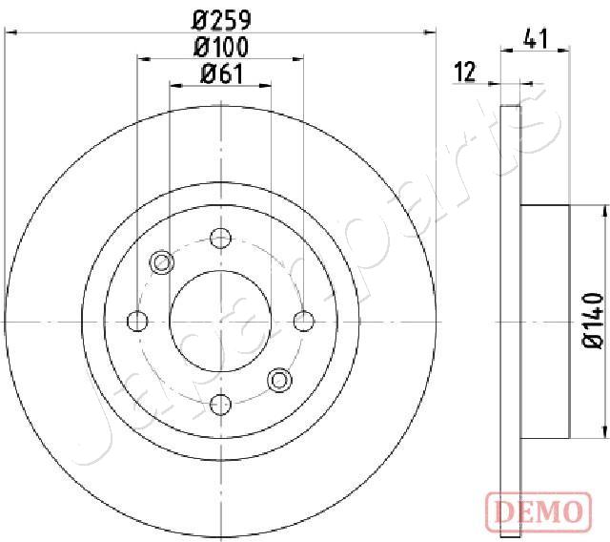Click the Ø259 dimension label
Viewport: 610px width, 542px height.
pyautogui.click(x=221, y=21)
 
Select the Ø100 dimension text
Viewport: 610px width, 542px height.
pyautogui.click(x=220, y=47)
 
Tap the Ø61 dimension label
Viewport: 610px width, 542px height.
pyautogui.click(x=221, y=73)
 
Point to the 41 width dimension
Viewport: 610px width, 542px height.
pyautogui.click(x=536, y=38)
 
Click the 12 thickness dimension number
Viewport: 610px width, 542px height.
pyautogui.click(x=465, y=72)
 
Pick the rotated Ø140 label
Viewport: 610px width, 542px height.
pyautogui.click(x=593, y=320)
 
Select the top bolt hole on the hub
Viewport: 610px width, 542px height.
pyautogui.click(x=220, y=239)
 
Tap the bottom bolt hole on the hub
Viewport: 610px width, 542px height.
pyautogui.click(x=220, y=405)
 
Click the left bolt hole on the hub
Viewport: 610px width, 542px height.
pyautogui.click(x=137, y=322)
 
